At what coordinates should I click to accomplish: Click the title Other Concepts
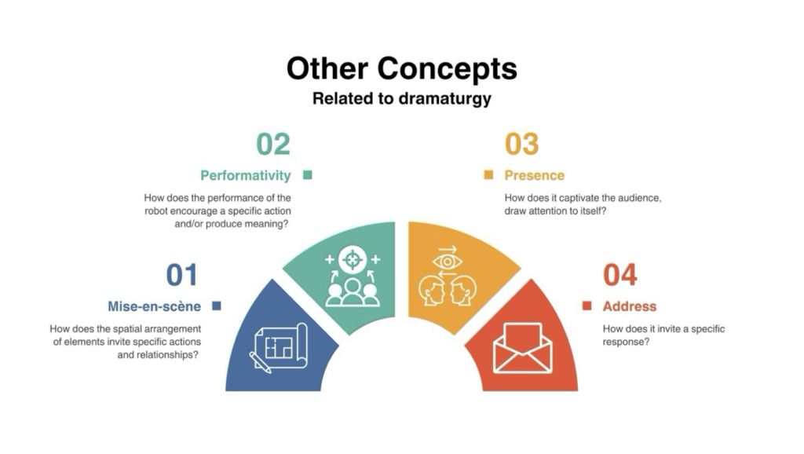[401, 69]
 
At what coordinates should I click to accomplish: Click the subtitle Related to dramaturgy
[401, 98]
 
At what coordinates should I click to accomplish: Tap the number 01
[181, 275]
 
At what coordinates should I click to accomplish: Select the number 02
[273, 145]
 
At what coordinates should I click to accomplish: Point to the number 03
[521, 145]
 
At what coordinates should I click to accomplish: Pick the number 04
[620, 275]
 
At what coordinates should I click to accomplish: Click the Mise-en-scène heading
[155, 306]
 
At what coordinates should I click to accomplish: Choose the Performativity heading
[246, 175]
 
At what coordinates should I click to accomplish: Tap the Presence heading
[534, 175]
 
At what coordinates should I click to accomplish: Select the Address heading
[630, 306]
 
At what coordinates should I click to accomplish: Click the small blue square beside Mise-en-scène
[217, 306]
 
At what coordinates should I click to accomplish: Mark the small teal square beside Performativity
[308, 175]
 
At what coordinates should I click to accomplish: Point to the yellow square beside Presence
[488, 175]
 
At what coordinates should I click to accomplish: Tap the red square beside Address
[587, 306]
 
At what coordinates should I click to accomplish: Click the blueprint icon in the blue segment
[279, 347]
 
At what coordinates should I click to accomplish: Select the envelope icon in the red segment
[522, 347]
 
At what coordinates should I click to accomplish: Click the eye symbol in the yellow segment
[447, 262]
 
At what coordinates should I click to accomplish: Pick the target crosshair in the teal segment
[353, 259]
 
